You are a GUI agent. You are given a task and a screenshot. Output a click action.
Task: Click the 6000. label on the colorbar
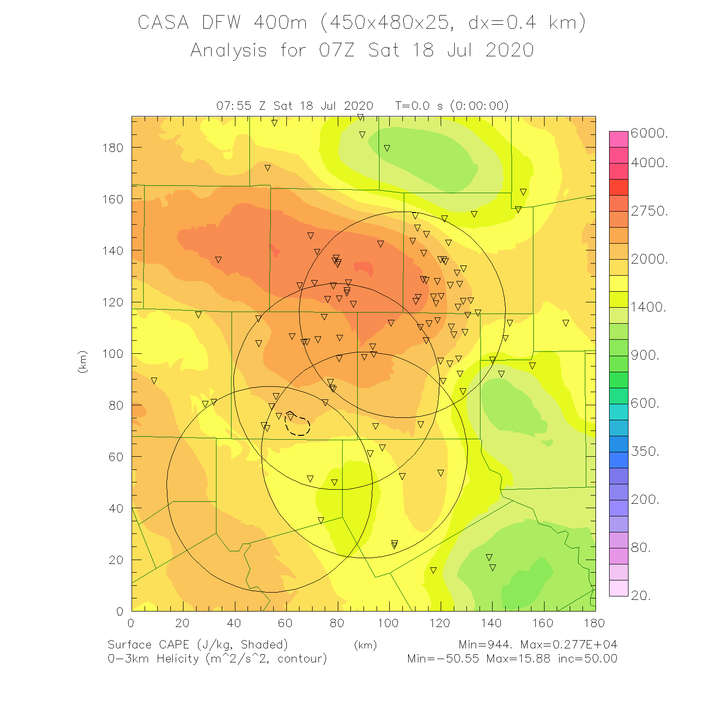(649, 133)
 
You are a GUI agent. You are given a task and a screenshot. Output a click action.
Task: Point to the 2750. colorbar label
(649, 211)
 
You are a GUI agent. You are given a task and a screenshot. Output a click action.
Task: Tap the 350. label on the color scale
(645, 451)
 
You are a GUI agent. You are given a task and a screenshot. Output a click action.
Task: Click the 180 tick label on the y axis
(113, 148)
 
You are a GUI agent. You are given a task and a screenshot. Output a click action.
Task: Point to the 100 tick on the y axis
(113, 354)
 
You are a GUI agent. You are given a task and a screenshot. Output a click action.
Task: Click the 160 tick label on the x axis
(543, 623)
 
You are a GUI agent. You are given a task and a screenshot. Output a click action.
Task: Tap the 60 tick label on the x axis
(285, 623)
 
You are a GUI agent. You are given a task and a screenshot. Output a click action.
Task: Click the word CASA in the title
(163, 23)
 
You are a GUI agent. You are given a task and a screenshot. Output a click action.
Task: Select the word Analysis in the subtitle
(229, 50)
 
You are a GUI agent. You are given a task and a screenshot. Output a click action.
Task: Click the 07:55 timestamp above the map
(233, 106)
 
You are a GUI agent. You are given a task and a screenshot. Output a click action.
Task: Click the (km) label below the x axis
(365, 645)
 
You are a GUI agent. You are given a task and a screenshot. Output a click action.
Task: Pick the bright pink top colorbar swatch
(619, 139)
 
